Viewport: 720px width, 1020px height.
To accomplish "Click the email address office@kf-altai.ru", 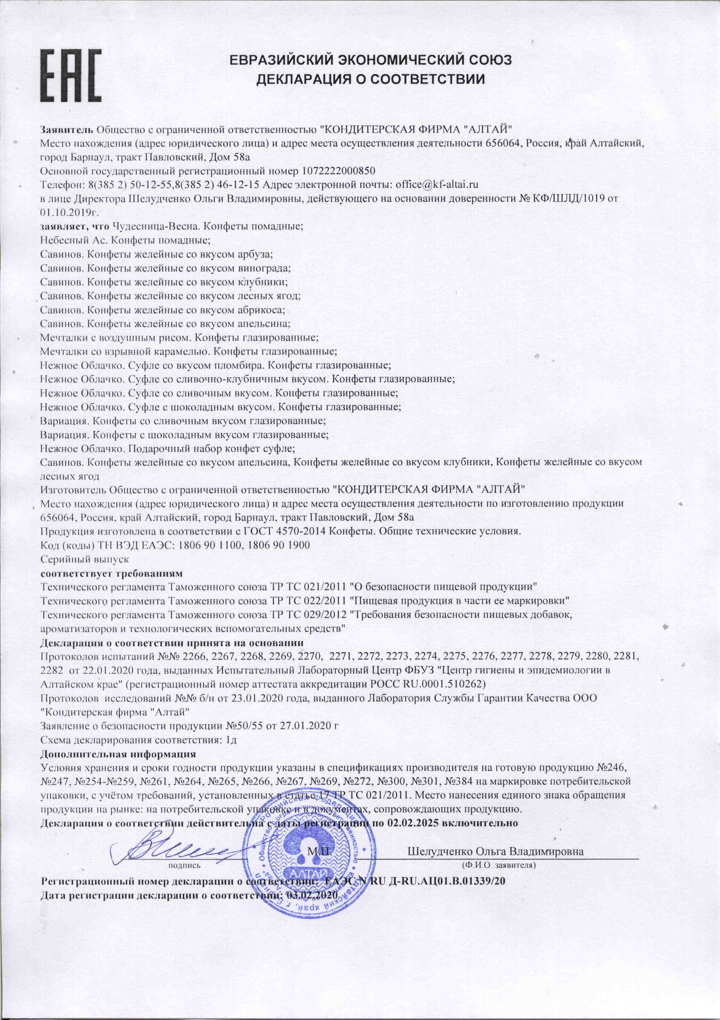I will (437, 184).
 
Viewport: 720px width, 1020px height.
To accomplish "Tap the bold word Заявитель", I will (66, 130).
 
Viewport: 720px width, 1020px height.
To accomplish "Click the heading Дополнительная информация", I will (118, 754).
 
